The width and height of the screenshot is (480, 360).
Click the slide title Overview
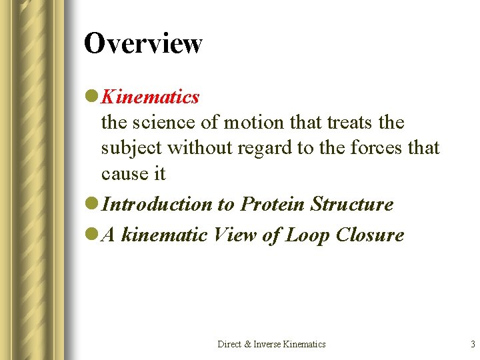(143, 44)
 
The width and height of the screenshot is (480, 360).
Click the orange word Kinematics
(150, 97)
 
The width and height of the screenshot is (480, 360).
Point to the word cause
(123, 173)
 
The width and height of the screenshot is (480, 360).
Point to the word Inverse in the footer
(265, 344)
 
